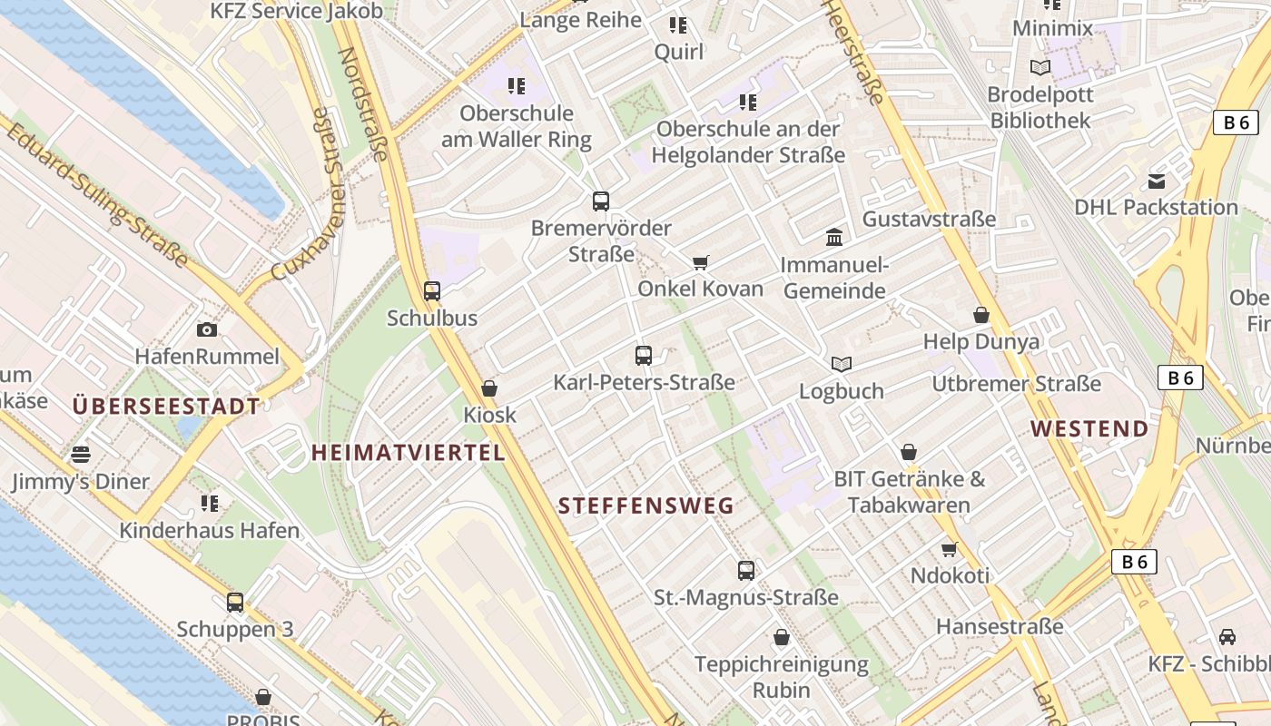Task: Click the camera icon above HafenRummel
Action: tap(207, 329)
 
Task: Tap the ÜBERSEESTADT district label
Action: tap(166, 406)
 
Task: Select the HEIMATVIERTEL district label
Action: tap(408, 452)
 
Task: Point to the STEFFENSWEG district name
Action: tap(645, 506)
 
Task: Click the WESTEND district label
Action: tap(1089, 428)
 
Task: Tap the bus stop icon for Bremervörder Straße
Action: tap(600, 201)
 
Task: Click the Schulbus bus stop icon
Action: tap(432, 291)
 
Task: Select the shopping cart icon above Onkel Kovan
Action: tap(700, 263)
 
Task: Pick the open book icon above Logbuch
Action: tap(842, 364)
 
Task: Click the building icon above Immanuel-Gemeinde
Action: tap(834, 238)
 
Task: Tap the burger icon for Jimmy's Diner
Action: tap(81, 454)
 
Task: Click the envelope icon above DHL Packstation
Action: tap(1157, 181)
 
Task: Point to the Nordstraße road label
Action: tap(362, 103)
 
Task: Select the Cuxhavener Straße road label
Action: tap(309, 195)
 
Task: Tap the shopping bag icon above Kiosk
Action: tap(489, 388)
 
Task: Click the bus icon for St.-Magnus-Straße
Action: tap(746, 571)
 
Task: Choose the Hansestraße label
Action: tap(1000, 626)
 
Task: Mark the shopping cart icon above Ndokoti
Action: tap(950, 549)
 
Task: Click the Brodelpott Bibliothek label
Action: tap(1040, 106)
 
